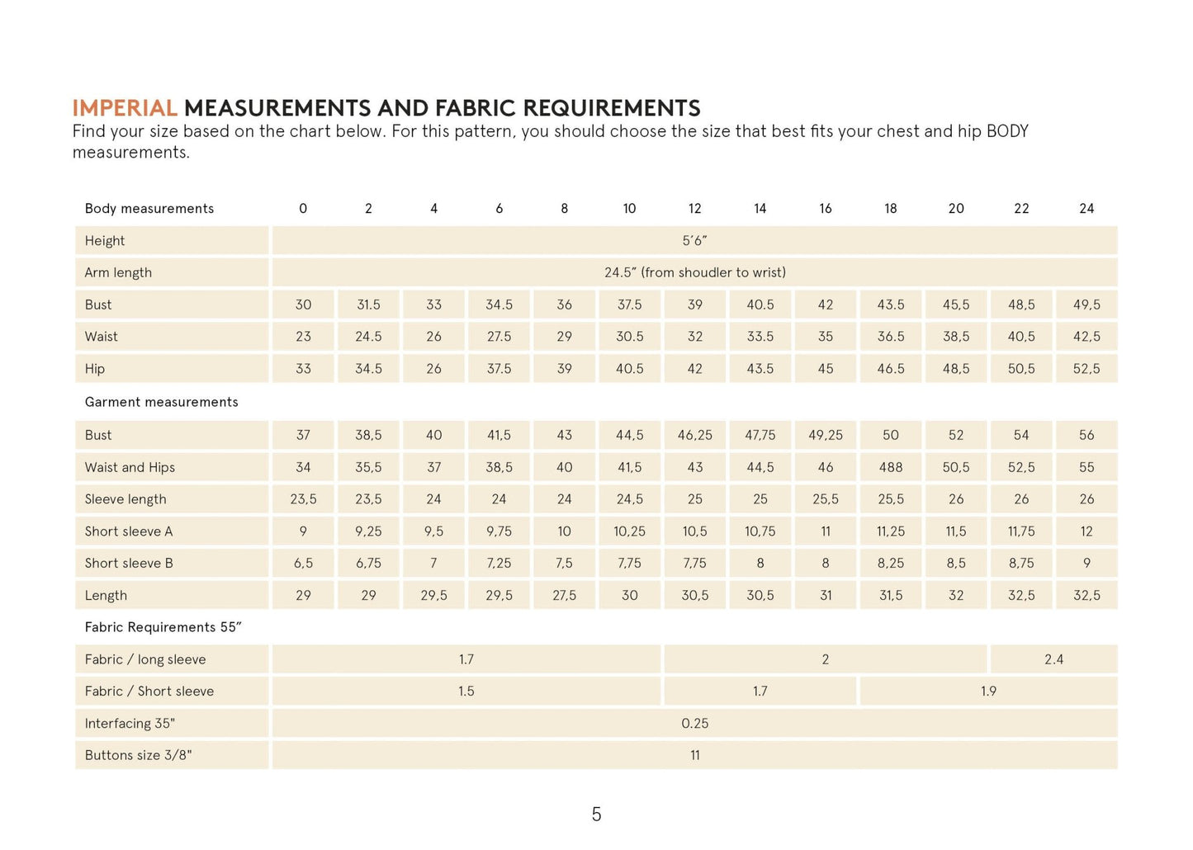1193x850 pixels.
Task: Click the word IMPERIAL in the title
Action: pyautogui.click(x=125, y=108)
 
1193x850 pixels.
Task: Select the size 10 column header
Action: pyautogui.click(x=629, y=209)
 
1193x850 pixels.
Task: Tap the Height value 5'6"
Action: pyautogui.click(x=694, y=241)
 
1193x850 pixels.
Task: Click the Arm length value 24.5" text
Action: pyautogui.click(x=694, y=272)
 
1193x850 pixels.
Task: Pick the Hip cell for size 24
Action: pyautogui.click(x=1086, y=369)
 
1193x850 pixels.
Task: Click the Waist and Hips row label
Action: pyautogui.click(x=130, y=467)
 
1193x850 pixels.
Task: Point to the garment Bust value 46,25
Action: pyautogui.click(x=694, y=435)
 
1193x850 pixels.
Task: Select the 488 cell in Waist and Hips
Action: pyautogui.click(x=890, y=467)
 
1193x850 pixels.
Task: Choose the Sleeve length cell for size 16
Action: pyautogui.click(x=825, y=499)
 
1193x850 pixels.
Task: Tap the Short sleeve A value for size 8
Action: pyautogui.click(x=564, y=531)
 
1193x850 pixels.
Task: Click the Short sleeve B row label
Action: pyautogui.click(x=129, y=564)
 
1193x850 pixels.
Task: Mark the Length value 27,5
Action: pyautogui.click(x=564, y=596)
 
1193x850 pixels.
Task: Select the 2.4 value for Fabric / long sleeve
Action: pyautogui.click(x=1053, y=659)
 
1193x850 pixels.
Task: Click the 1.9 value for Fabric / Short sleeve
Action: pyautogui.click(x=988, y=692)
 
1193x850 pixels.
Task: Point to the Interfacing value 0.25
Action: pyautogui.click(x=694, y=724)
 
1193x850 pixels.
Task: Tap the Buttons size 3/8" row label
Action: pyautogui.click(x=138, y=755)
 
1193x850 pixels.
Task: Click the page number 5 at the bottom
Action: pyautogui.click(x=596, y=815)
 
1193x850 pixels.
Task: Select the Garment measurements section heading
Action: pyautogui.click(x=161, y=402)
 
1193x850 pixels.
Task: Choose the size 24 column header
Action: pyautogui.click(x=1086, y=209)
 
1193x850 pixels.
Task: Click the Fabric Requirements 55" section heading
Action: pyautogui.click(x=163, y=627)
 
